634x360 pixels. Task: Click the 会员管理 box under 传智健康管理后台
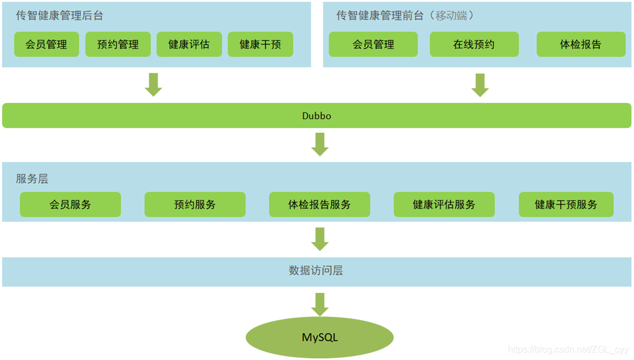[46, 44]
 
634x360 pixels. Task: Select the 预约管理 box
[118, 44]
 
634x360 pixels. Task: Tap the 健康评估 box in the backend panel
[189, 44]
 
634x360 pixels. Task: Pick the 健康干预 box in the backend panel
[260, 44]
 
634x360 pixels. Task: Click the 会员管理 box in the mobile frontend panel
[373, 44]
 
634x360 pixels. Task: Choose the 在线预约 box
[474, 44]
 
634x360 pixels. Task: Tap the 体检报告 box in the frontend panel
[581, 44]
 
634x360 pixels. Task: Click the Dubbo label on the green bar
[317, 116]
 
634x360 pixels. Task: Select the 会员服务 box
[71, 205]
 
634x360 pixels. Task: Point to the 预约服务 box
[195, 205]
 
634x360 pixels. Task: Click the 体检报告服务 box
[320, 205]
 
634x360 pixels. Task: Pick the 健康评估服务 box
[444, 205]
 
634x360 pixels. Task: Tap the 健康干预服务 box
[566, 205]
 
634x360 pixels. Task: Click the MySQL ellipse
[320, 337]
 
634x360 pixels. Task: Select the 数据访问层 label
[316, 270]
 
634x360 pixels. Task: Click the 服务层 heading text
[32, 179]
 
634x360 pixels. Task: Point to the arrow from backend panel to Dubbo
[153, 84]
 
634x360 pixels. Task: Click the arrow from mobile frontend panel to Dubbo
[480, 84]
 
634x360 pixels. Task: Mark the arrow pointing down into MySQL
[320, 304]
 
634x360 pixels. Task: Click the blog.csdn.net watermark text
[568, 350]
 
